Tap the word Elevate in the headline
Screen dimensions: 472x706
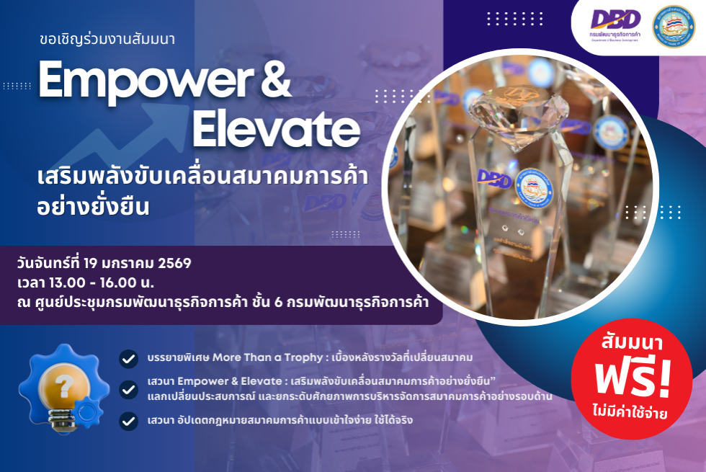[x=277, y=130]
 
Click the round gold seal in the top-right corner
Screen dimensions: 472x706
[x=674, y=27]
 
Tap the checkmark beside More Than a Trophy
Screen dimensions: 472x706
[x=129, y=358]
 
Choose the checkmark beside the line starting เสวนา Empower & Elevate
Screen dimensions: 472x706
[x=129, y=389]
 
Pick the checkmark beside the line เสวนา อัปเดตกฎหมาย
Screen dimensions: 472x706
[x=129, y=420]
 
